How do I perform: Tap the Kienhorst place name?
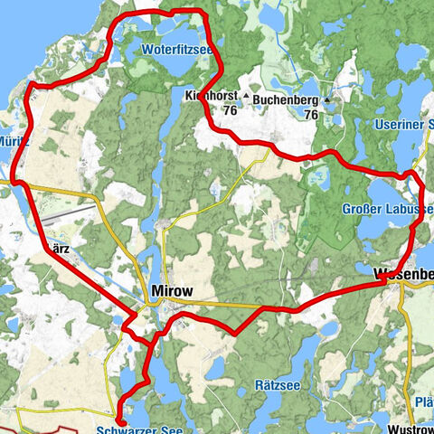(x=210, y=95)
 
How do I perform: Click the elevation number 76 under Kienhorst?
(x=231, y=110)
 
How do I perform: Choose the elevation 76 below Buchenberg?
(x=311, y=115)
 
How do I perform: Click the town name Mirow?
(x=170, y=292)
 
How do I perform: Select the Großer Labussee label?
(x=387, y=210)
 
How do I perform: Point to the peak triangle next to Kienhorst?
(x=245, y=94)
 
